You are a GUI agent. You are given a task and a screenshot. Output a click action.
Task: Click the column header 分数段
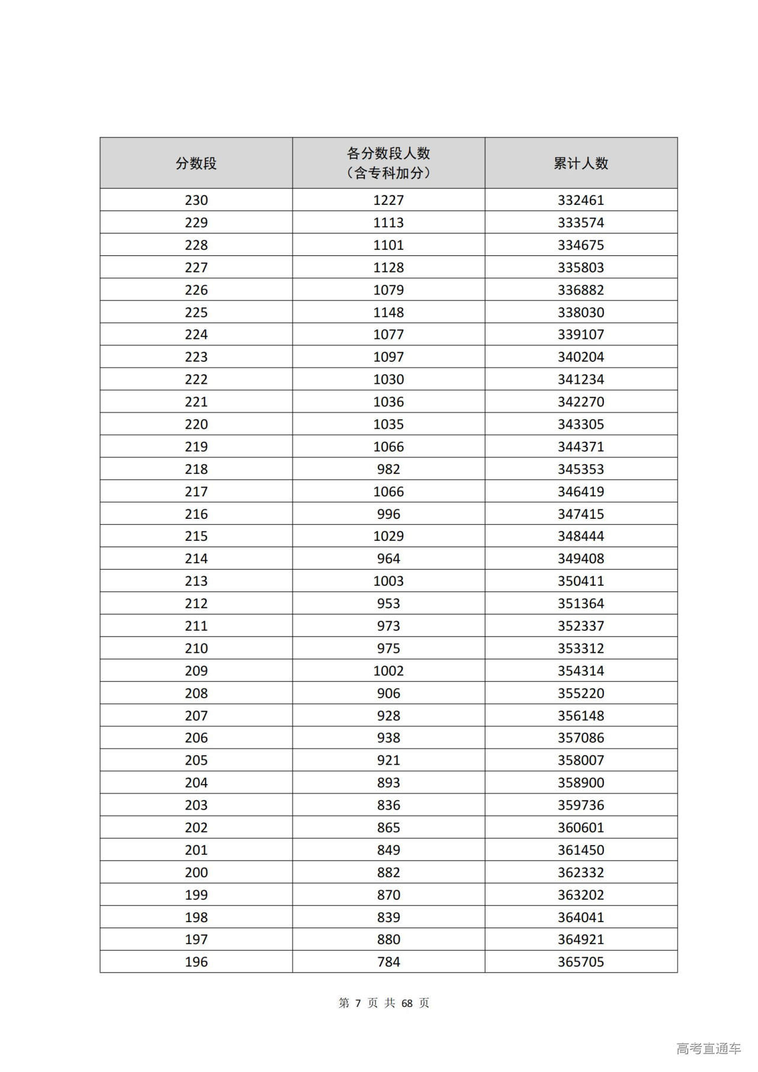[196, 163]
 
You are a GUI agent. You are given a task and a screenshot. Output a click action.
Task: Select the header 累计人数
[580, 163]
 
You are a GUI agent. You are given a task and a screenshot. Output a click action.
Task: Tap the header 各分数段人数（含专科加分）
[388, 163]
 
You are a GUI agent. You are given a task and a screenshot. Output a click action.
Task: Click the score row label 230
[196, 200]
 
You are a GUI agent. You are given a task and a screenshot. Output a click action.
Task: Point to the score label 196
[196, 962]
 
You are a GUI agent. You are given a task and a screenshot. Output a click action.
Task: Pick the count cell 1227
[388, 200]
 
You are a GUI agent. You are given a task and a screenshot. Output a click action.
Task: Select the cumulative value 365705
[580, 962]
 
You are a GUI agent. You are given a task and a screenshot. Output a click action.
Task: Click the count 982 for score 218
[388, 469]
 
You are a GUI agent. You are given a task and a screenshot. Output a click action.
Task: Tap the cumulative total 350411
[580, 581]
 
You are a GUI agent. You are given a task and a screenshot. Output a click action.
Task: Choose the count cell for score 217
[388, 492]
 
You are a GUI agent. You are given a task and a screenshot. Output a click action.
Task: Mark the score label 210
[196, 649]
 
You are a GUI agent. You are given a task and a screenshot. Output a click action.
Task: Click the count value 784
[388, 962]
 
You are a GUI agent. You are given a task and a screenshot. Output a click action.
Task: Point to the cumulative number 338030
[580, 312]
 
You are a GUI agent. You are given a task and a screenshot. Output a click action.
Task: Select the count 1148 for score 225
[388, 312]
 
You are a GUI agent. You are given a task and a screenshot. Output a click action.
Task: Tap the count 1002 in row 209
[388, 671]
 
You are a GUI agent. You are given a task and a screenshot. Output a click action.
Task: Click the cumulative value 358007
[580, 760]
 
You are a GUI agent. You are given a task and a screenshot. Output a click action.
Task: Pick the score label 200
[196, 872]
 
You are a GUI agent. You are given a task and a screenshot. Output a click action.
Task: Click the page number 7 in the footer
[358, 1003]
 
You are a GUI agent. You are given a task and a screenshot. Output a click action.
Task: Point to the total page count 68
[407, 1003]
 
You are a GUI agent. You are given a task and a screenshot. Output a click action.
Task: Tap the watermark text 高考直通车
[708, 1049]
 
